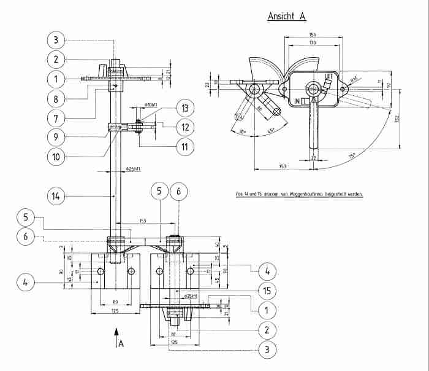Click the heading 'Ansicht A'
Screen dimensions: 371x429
pyautogui.click(x=286, y=17)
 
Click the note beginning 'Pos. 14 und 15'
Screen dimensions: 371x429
pyautogui.click(x=299, y=194)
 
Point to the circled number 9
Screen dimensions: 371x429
pyautogui.click(x=56, y=135)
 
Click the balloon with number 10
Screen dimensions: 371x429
pyautogui.click(x=56, y=157)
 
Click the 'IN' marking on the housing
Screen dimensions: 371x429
pyautogui.click(x=298, y=100)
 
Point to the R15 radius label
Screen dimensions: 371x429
pyautogui.click(x=354, y=79)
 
